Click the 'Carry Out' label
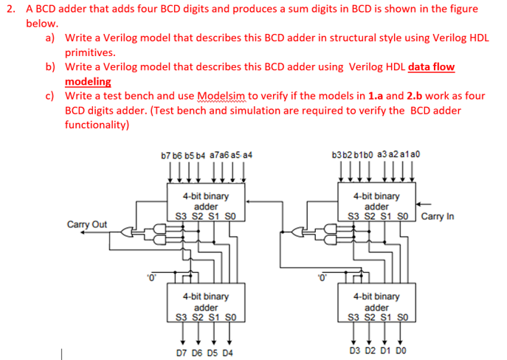(86, 224)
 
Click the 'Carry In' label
(439, 217)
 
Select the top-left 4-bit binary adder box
(205, 207)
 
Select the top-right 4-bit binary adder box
(376, 207)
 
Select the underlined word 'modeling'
(88, 82)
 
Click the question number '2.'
(11, 9)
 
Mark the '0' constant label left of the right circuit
(320, 278)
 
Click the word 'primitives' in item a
(92, 52)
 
